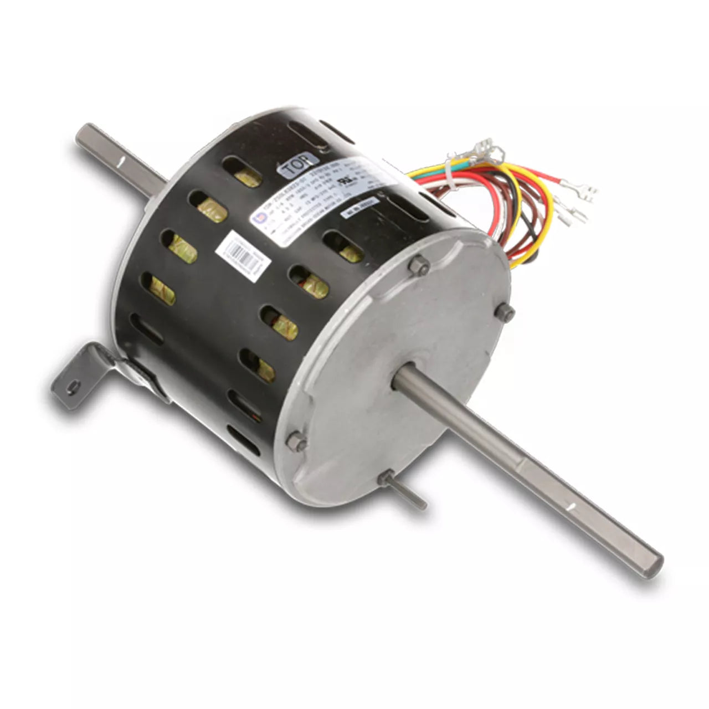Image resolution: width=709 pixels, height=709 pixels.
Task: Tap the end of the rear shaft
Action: pos(83,133)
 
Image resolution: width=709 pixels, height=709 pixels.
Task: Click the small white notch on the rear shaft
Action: pos(119,161)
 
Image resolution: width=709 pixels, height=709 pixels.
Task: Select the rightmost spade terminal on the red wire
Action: pos(582,194)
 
